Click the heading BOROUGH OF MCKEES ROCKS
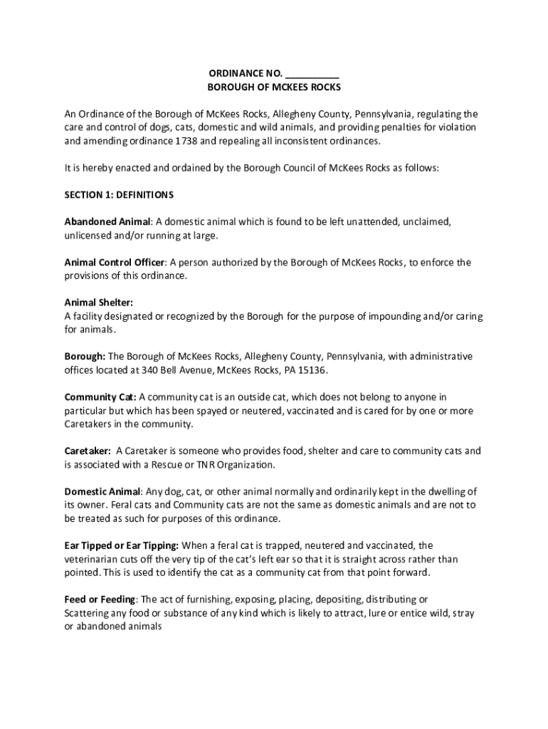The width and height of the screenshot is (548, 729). [x=274, y=88]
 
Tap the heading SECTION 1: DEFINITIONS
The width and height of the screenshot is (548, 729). [x=119, y=195]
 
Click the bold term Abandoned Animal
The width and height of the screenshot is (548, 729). [x=107, y=221]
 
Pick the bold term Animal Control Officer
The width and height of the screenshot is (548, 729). [x=115, y=262]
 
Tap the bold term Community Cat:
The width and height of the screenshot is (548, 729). [x=100, y=397]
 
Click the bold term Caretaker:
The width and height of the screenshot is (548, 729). [x=88, y=451]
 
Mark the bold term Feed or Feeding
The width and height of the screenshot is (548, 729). [x=100, y=599]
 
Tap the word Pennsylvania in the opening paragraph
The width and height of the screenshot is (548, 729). [x=383, y=114]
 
